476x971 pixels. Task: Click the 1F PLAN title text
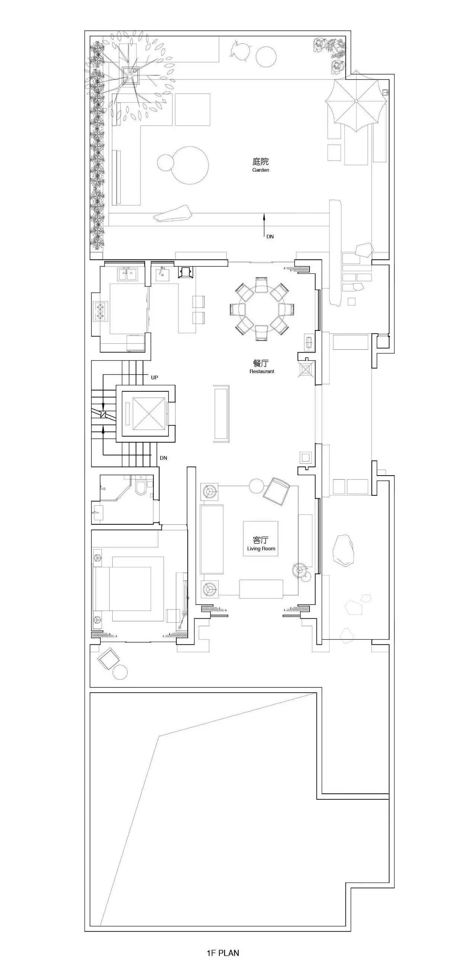tap(223, 953)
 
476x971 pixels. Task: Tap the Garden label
tap(261, 170)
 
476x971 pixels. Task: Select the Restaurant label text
tap(262, 371)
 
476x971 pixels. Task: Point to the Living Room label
tap(261, 548)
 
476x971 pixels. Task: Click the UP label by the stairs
tap(155, 377)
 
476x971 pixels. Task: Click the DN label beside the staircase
tap(163, 458)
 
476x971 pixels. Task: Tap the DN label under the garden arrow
tap(270, 237)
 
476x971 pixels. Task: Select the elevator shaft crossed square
tap(149, 414)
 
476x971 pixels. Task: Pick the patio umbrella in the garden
tap(356, 101)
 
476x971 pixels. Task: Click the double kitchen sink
tap(128, 274)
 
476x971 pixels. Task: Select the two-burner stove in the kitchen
tap(100, 311)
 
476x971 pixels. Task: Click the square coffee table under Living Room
tap(261, 538)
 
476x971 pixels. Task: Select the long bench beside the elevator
tap(222, 414)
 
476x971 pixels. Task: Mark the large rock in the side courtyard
tap(343, 550)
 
